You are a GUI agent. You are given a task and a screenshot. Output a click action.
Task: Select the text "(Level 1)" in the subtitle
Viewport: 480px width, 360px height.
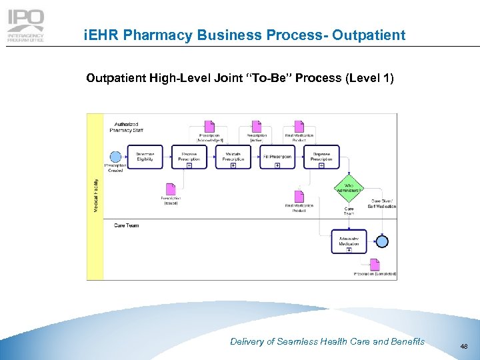370,79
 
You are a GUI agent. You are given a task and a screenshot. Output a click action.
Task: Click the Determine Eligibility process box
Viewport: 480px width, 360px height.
145,157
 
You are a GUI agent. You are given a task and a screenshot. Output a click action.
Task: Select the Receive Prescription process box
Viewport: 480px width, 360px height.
189,157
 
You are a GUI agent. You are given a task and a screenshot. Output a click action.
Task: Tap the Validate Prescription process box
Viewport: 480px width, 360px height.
233,157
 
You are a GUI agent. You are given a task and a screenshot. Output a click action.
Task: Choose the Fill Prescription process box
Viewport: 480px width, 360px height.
277,157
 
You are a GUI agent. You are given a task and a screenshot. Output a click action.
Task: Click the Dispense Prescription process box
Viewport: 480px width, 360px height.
321,157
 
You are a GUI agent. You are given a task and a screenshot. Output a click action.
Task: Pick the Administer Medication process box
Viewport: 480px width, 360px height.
349,241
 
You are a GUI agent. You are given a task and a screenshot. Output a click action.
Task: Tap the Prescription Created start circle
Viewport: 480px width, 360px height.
115,157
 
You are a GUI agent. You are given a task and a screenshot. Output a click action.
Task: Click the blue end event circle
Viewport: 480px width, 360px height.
382,241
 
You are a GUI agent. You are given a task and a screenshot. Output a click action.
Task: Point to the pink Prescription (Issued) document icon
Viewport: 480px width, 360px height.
171,189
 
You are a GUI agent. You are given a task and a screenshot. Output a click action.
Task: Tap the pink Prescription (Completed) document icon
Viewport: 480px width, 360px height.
375,264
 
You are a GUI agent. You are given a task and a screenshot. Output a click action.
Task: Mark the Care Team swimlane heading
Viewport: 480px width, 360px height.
127,226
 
